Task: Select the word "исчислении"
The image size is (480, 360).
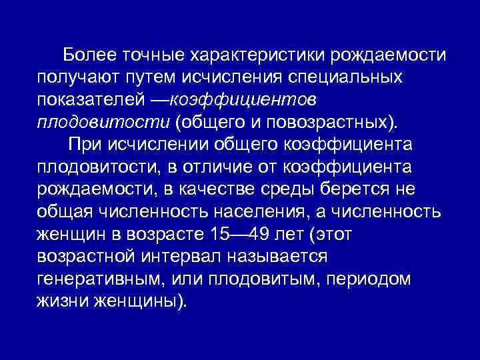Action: coord(180,145)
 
